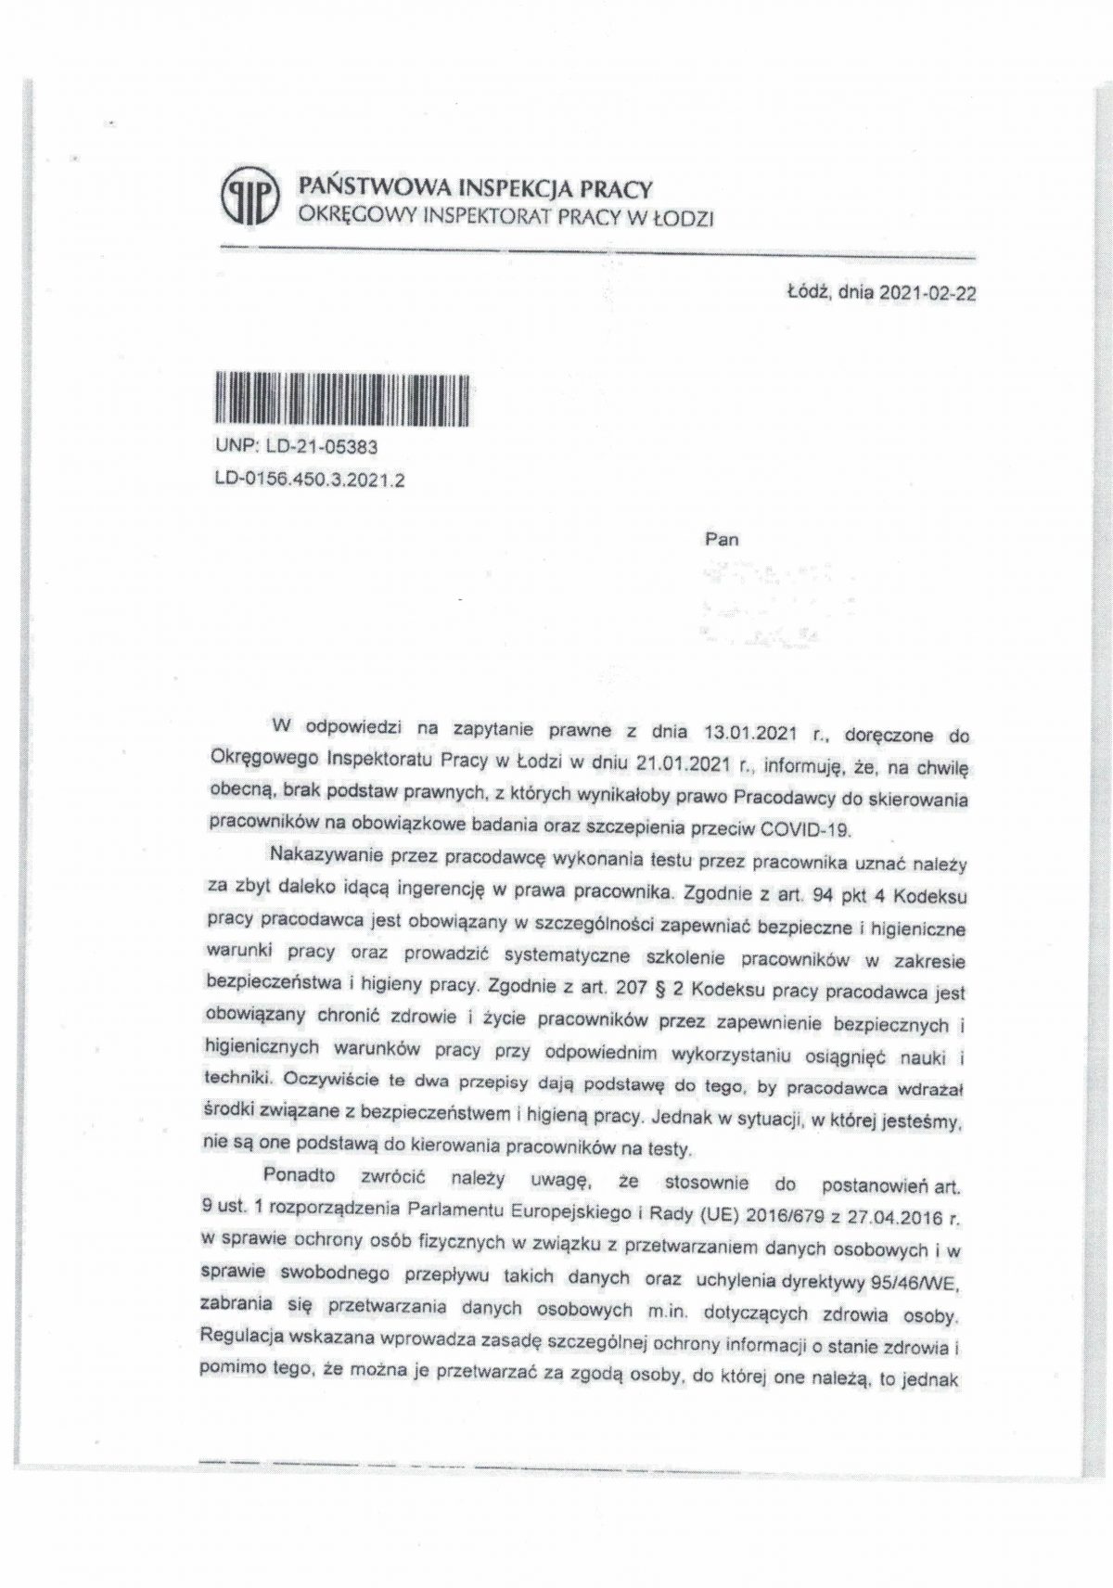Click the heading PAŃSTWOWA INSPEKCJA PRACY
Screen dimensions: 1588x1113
tap(472, 189)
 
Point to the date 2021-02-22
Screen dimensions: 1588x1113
tap(923, 295)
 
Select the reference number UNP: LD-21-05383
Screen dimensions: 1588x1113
tap(295, 447)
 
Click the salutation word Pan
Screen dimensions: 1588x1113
tap(722, 539)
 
